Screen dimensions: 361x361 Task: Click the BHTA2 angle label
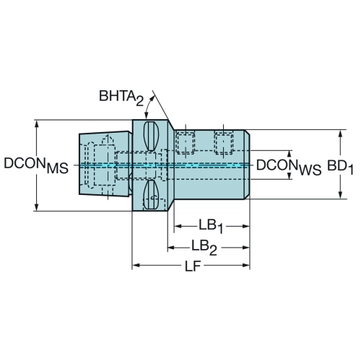coord(121,98)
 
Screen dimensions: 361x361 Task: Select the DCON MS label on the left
coord(36,165)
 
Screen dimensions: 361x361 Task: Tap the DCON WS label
coord(289,167)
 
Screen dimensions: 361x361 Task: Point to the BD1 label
coord(340,167)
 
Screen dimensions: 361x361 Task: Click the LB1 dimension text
coord(211,227)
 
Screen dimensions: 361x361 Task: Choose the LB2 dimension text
coord(204,248)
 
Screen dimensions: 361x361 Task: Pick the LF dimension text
coord(193,266)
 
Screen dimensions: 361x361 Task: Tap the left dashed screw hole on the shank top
coord(185,142)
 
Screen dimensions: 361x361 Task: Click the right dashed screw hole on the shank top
coord(224,142)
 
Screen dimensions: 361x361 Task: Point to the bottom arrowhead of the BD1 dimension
coord(340,195)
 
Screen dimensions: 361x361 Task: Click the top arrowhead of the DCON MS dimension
coord(36,124)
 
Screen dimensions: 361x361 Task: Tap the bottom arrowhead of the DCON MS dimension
coord(36,206)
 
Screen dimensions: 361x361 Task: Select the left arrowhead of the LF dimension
coord(136,265)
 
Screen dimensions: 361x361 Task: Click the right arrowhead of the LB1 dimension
coord(245,226)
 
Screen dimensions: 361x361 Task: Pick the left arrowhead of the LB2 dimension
coord(171,248)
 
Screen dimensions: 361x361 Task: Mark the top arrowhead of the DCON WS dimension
coord(290,155)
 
